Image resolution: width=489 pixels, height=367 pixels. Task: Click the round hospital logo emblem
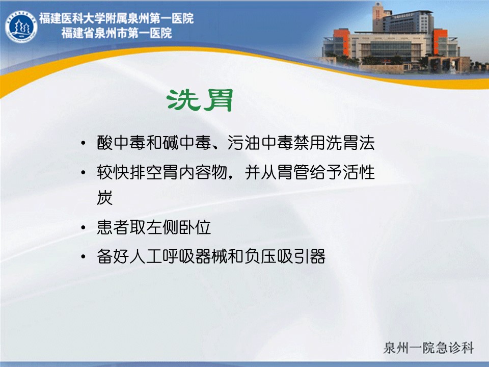(21, 27)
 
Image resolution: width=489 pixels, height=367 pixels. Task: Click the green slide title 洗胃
(200, 100)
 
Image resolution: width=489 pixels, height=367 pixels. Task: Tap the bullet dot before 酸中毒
(83, 143)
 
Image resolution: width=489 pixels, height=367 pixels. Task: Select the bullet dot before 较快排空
(83, 173)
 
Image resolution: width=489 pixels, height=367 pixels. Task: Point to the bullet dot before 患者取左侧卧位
(83, 227)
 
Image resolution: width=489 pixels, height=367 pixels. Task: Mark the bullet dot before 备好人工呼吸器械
(83, 257)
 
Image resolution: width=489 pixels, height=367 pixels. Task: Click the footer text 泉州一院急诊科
(429, 348)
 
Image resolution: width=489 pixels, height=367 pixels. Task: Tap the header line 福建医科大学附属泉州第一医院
(116, 18)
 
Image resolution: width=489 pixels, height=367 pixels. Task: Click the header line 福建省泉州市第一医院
(117, 33)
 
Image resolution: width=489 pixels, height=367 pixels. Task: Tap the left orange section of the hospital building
(341, 42)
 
